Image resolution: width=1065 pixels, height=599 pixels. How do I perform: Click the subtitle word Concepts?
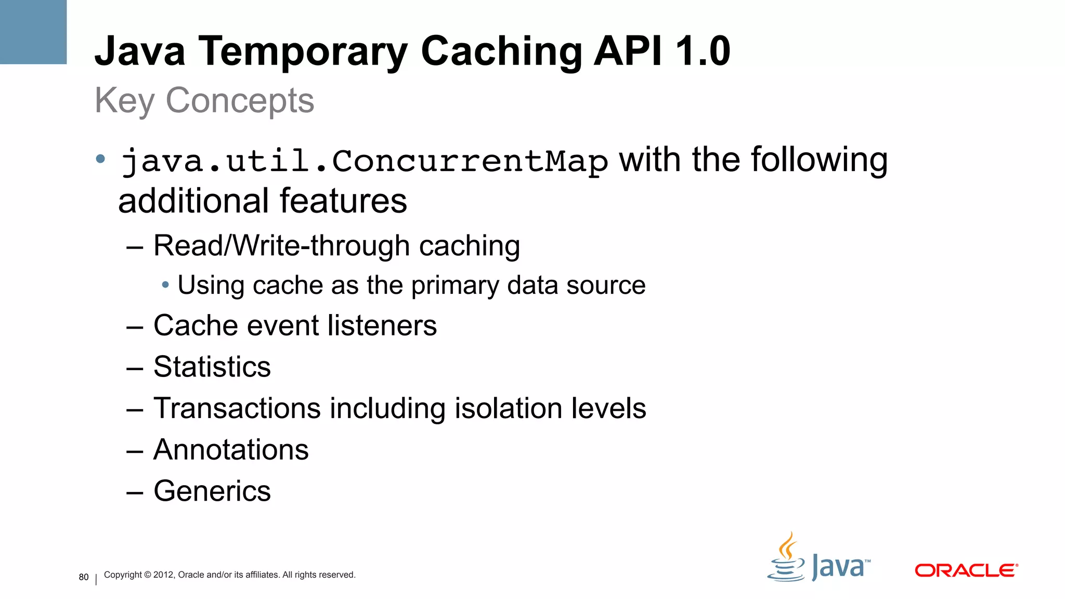[240, 100]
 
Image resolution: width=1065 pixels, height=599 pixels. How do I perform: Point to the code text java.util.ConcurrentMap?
[364, 161]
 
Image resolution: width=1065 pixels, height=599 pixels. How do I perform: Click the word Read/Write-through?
[281, 245]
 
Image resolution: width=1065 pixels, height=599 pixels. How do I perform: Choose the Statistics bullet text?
[212, 367]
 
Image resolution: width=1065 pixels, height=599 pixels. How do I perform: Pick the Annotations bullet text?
[231, 450]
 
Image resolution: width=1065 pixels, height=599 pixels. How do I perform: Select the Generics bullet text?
[212, 491]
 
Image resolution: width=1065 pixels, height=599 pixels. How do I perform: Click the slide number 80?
[84, 577]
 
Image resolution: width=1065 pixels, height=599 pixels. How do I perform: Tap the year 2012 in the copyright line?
[163, 575]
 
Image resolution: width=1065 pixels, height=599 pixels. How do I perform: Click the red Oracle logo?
[966, 570]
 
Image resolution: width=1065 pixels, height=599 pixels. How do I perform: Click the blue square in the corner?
[33, 32]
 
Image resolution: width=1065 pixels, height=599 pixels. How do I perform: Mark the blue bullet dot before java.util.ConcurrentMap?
[101, 159]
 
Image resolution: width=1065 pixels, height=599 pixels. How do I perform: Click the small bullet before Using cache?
[165, 285]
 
